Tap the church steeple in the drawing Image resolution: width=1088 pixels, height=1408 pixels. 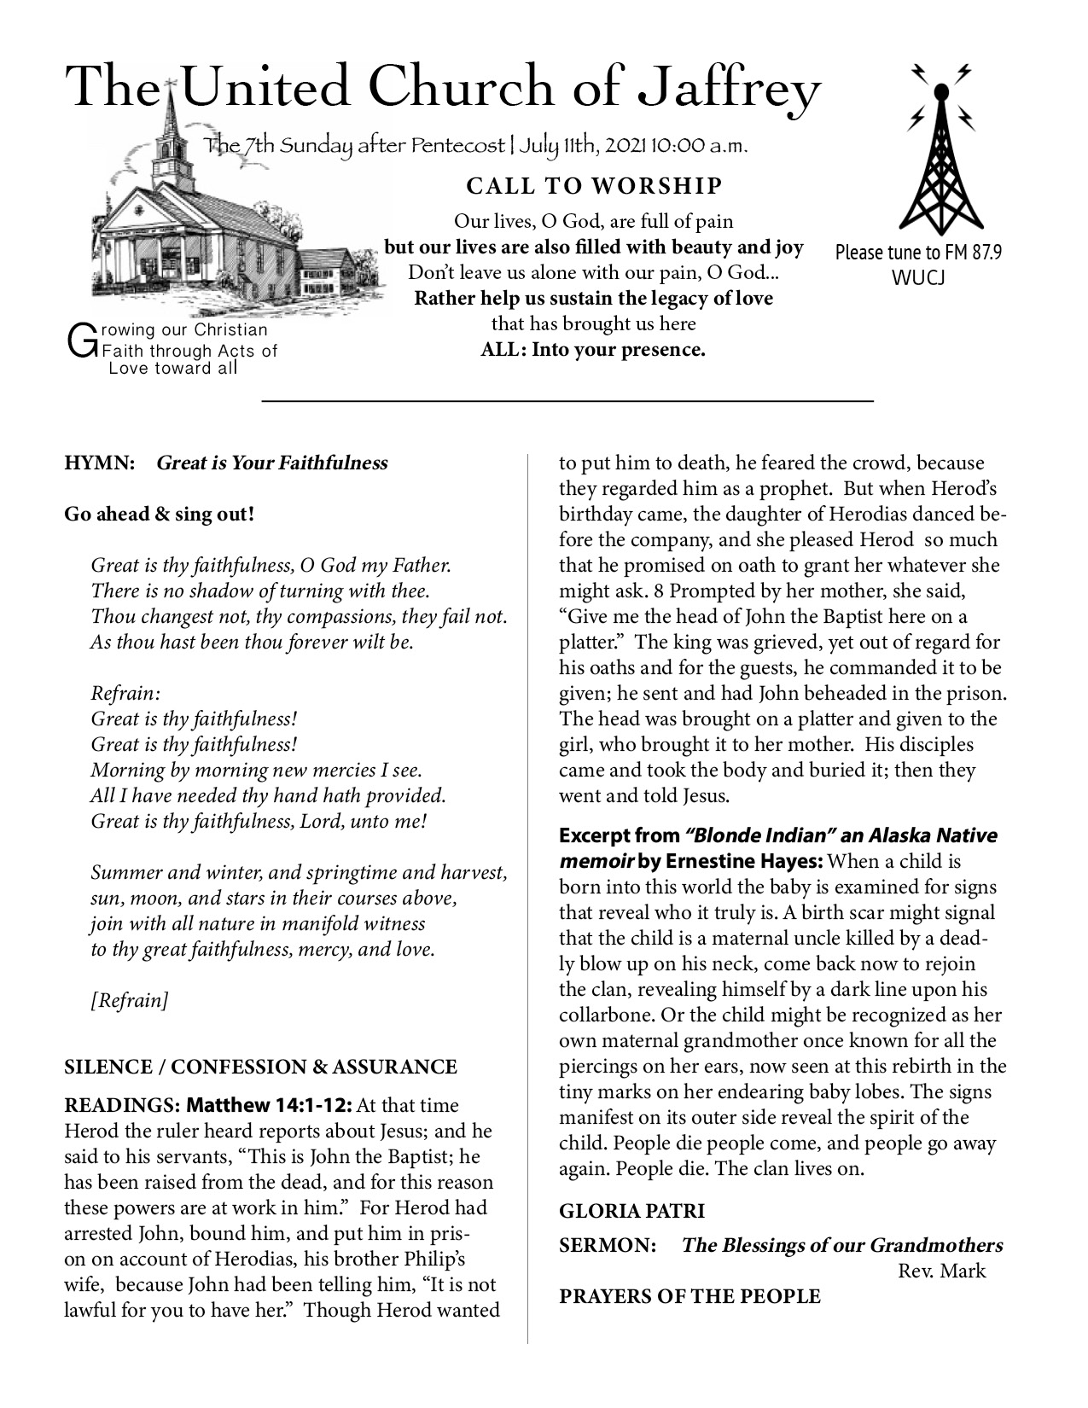[x=171, y=128]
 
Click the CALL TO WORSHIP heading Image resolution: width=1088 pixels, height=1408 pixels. [x=594, y=186]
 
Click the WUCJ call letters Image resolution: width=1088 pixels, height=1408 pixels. [x=918, y=278]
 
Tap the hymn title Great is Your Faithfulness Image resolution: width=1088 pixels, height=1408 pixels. [x=272, y=463]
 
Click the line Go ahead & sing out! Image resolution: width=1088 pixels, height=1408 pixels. [x=160, y=515]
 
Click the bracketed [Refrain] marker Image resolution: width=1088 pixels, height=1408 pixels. [x=130, y=1000]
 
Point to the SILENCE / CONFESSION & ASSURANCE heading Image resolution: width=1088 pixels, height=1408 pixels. [x=260, y=1067]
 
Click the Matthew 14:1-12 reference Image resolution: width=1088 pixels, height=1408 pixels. [x=269, y=1106]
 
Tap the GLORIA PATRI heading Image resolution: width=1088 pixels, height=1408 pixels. [x=631, y=1211]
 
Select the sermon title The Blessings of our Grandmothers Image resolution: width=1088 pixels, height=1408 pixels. [x=841, y=1245]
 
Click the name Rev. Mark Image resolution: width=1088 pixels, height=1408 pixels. [x=941, y=1271]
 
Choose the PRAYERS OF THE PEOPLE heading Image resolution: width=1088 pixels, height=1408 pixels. [x=689, y=1297]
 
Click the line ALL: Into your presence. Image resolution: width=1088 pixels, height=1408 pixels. [x=593, y=349]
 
